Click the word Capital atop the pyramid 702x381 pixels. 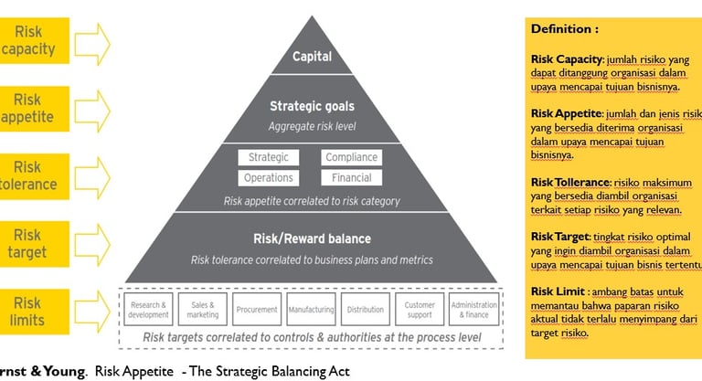[311, 57]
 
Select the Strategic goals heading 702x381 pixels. [311, 107]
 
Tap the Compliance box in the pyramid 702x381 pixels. [352, 158]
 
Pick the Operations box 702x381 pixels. [269, 177]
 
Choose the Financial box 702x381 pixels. [352, 177]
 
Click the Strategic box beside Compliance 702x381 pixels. [269, 158]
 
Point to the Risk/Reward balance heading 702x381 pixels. [312, 239]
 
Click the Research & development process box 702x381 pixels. [148, 310]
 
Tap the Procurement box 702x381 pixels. [256, 310]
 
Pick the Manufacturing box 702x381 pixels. [311, 310]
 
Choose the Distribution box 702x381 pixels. [366, 310]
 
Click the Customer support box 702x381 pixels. [420, 310]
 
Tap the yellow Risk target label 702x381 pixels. [27, 244]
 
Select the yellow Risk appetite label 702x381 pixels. [27, 108]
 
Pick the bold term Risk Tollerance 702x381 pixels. [571, 182]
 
